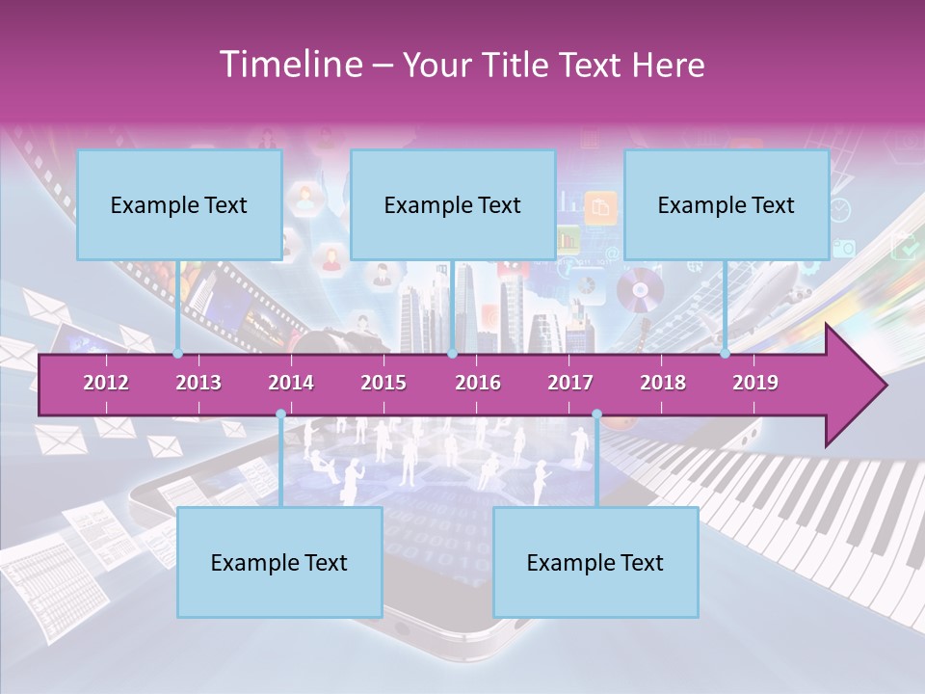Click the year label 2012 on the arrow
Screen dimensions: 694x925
[106, 383]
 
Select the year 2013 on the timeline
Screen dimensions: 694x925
[198, 383]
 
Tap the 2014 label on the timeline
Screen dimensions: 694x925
[291, 383]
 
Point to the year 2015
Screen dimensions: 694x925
[383, 383]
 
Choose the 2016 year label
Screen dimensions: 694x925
[478, 383]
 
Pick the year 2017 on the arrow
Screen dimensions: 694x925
[570, 383]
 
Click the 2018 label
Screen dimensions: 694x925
[663, 383]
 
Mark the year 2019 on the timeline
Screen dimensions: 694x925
[755, 383]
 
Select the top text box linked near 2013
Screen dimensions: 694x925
[179, 204]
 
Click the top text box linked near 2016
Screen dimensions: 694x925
[453, 204]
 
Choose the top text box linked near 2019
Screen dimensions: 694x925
[727, 204]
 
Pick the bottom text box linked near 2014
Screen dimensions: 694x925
[279, 562]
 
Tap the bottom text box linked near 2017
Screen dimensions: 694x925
[595, 562]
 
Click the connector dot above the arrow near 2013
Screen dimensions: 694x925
[178, 354]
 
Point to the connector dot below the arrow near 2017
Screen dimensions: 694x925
[596, 414]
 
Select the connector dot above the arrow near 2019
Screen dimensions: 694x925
[726, 354]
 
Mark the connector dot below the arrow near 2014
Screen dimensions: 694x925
[280, 414]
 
